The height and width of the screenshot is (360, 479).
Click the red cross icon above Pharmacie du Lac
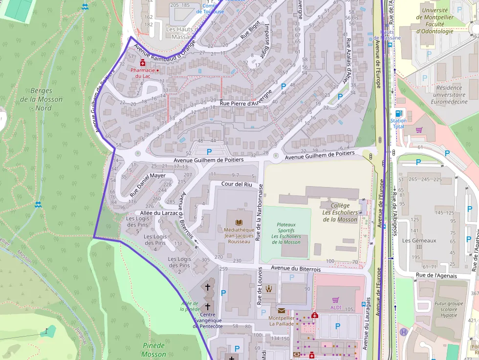tap(143, 63)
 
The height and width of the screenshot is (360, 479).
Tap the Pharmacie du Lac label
tap(143, 73)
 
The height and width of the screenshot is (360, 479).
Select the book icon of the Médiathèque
tap(239, 222)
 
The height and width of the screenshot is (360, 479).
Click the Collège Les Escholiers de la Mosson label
tap(340, 212)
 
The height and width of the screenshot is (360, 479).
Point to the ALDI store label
tap(335, 309)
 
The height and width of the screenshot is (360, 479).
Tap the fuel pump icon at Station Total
tap(398, 113)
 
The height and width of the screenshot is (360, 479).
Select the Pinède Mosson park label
tap(154, 350)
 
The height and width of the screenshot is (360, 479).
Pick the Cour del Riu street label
tap(237, 184)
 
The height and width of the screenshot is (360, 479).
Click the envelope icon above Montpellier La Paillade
tap(281, 310)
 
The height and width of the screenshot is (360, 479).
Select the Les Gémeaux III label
tap(412, 244)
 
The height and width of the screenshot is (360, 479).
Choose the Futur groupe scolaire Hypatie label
tap(449, 309)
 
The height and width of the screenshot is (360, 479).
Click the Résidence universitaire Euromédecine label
tap(447, 95)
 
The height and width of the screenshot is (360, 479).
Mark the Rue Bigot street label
tap(250, 32)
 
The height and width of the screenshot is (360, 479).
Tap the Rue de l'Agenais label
tap(436, 275)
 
